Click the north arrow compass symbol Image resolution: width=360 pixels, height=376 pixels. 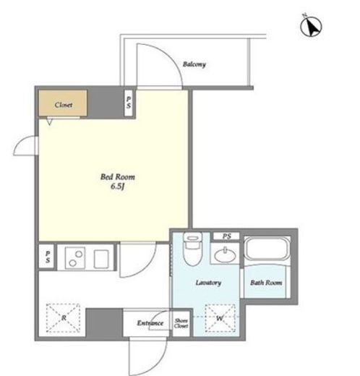311,26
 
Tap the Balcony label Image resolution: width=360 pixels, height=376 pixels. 194,64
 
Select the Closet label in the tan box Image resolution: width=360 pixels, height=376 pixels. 64,105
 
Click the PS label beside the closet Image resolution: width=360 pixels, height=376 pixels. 129,102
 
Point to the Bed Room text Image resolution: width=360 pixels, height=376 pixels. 118,177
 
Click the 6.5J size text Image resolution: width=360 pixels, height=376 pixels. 117,187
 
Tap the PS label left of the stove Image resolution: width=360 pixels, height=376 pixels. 48,257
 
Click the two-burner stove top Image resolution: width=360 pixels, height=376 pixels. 74,257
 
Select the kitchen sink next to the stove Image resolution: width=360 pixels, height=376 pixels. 101,259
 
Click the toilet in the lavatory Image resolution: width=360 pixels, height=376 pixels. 192,248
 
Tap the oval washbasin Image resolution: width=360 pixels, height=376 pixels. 225,255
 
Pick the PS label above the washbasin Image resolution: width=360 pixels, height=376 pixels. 227,236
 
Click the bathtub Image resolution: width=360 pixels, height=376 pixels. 266,249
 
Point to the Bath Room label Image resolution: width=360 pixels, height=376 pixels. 266,283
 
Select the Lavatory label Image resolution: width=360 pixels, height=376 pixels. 208,283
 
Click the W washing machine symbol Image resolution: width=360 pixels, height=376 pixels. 220,318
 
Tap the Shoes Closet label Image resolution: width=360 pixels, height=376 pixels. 181,323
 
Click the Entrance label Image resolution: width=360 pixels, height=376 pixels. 150,323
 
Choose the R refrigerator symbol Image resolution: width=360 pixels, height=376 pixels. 63,318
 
